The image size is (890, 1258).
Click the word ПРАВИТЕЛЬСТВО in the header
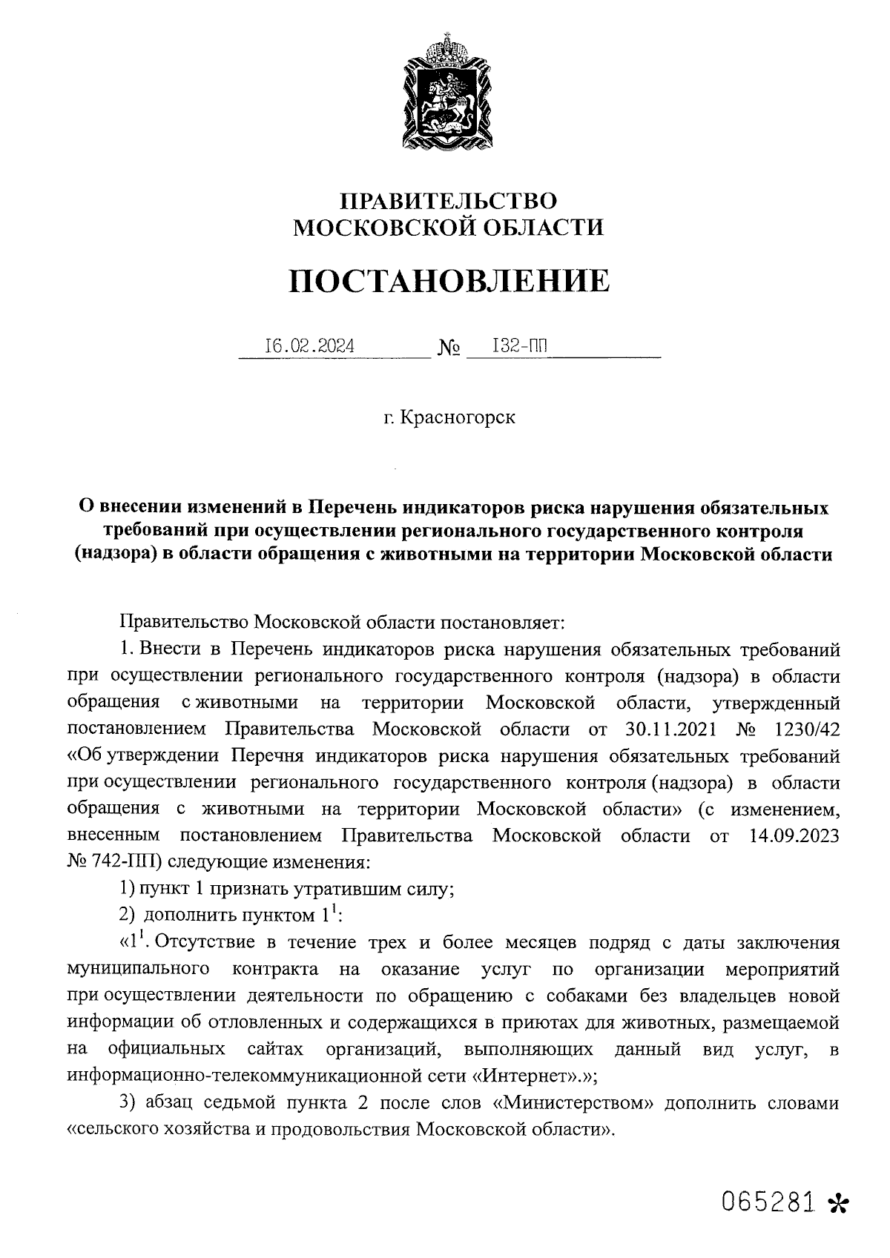[x=448, y=201]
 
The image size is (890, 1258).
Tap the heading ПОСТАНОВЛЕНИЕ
[x=449, y=281]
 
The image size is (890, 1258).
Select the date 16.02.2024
[x=310, y=345]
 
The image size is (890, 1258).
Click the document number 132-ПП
[x=523, y=345]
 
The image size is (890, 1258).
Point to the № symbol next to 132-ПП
[x=449, y=348]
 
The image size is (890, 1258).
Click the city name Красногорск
[x=458, y=417]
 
